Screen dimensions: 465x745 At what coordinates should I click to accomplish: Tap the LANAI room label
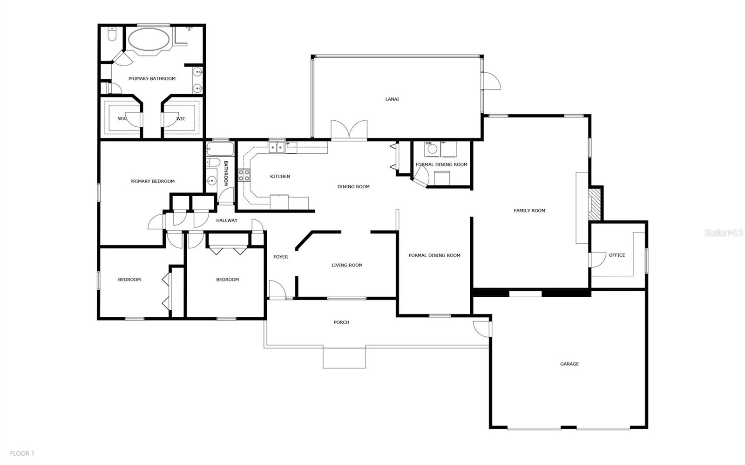[x=392, y=99]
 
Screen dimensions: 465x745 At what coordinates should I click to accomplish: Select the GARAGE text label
[x=569, y=364]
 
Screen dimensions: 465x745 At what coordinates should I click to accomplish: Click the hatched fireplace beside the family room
[x=594, y=204]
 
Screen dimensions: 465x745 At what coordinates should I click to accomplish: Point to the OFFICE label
[x=617, y=255]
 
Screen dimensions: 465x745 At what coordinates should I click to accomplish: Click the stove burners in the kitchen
[x=244, y=175]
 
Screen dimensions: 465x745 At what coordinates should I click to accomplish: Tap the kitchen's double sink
[x=277, y=148]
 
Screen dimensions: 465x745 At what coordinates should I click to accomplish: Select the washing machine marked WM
[x=432, y=149]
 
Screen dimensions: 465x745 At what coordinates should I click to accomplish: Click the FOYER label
[x=280, y=257]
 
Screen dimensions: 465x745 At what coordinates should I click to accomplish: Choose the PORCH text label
[x=341, y=322]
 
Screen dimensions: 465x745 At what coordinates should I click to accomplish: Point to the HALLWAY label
[x=227, y=220]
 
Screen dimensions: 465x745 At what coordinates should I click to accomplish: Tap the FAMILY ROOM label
[x=529, y=211]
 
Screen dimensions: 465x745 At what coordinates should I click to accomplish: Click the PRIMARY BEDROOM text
[x=152, y=181]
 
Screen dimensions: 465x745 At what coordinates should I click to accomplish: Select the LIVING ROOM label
[x=347, y=266]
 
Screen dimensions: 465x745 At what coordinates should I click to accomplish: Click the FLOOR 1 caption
[x=22, y=453]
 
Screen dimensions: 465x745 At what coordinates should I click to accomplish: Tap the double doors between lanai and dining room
[x=349, y=130]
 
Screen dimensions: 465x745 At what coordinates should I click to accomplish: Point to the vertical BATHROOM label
[x=226, y=173]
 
